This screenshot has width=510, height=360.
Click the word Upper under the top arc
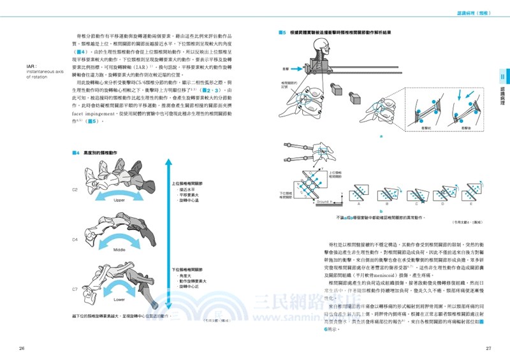(119, 200)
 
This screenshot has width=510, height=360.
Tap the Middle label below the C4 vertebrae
(119, 250)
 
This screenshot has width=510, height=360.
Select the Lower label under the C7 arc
(119, 298)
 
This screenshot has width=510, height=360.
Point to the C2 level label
(75, 189)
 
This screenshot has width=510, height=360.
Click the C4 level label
(75, 240)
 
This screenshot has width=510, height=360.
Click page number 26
(22, 348)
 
